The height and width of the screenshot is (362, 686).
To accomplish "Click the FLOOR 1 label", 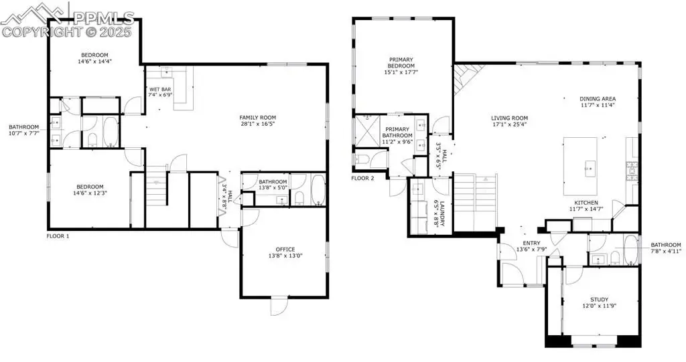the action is [58, 236].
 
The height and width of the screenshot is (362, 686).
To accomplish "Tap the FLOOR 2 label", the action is [362, 179].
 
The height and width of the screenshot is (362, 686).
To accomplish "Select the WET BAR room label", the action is [160, 90].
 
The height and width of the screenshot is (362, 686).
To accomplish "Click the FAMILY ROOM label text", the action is [258, 118].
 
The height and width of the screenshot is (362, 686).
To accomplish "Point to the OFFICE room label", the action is [285, 250].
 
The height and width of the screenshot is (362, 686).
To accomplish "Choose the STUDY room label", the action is [600, 300].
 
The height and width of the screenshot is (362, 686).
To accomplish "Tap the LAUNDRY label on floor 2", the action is [442, 213].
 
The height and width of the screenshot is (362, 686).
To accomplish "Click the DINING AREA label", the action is [598, 99].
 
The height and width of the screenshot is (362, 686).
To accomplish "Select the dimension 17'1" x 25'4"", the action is [509, 124].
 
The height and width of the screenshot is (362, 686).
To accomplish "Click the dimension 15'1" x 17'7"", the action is [401, 72].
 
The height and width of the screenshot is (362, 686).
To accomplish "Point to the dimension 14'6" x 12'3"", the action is [90, 193].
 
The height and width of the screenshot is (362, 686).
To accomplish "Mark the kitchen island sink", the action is [590, 167].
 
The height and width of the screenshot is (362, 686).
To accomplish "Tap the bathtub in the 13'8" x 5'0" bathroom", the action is [318, 190].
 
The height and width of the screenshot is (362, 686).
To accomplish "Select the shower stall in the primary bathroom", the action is [366, 130].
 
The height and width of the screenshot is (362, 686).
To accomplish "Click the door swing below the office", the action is [278, 306].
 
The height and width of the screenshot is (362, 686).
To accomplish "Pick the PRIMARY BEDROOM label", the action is [401, 62].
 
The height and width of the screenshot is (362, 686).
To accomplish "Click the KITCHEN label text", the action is [586, 203].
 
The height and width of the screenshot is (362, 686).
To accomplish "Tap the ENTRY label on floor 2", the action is [531, 244].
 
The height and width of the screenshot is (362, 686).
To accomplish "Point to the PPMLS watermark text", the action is [104, 18].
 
